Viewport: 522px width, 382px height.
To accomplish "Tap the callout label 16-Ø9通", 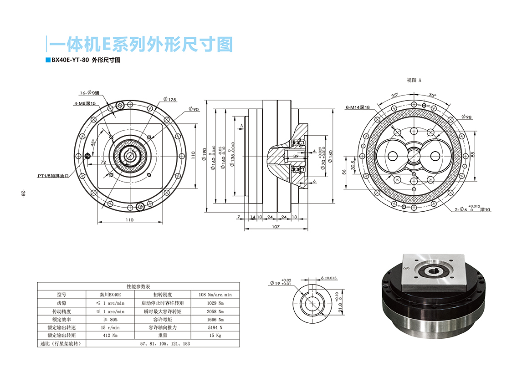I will click(89, 92).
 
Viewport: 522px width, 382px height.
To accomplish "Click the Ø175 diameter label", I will click(169, 99).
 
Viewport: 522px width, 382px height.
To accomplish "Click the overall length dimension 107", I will click(275, 226).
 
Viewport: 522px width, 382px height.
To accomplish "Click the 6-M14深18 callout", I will click(358, 107).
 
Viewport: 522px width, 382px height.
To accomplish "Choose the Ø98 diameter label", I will click(466, 117).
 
